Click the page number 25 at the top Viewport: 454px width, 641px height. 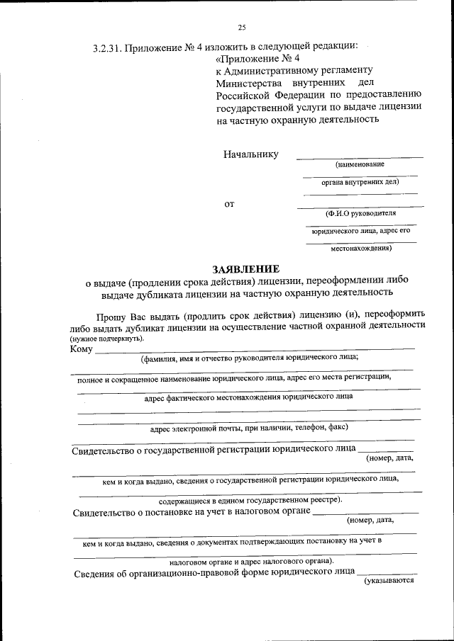[241, 28]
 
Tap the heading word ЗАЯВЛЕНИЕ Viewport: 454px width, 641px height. [247, 268]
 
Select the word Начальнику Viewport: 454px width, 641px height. [250, 154]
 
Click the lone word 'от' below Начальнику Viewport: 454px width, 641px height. [229, 205]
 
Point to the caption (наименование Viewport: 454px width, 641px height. [360, 164]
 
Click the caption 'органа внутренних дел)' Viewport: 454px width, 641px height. [360, 181]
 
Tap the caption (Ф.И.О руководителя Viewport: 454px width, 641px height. [360, 213]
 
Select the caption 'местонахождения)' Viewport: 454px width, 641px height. [361, 248]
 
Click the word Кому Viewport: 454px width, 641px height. [82, 348]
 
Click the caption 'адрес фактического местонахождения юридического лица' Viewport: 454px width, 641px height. [248, 397]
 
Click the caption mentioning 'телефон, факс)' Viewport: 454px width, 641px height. [248, 428]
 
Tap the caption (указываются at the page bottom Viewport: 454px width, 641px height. [389, 581]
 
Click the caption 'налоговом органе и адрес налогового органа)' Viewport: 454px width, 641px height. [247, 561]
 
